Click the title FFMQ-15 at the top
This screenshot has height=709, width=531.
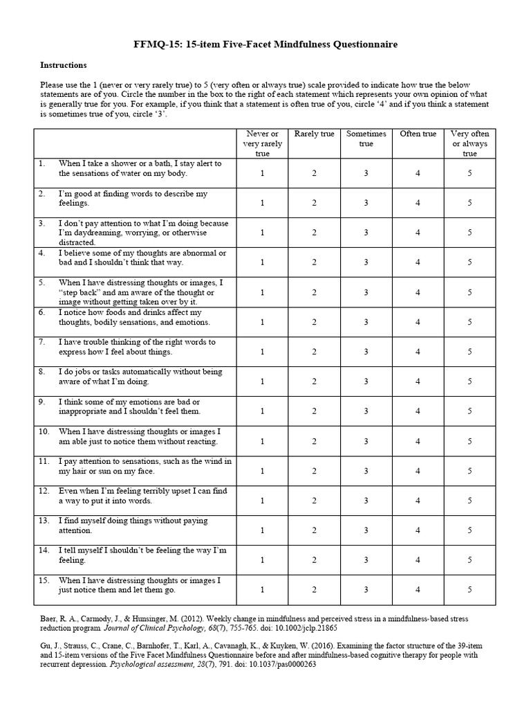click(265, 44)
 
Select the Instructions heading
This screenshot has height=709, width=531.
click(63, 65)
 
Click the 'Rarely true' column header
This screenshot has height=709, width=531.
click(314, 134)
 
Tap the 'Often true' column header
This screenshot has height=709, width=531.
click(418, 134)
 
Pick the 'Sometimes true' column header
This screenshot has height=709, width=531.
click(366, 138)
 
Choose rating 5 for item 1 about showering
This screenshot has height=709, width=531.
click(469, 173)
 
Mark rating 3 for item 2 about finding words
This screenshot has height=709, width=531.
click(366, 203)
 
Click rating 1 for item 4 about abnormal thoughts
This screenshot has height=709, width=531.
click(262, 262)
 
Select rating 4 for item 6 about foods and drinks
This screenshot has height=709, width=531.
click(418, 322)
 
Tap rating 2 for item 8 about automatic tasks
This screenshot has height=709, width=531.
click(314, 382)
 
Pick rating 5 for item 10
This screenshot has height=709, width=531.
click(469, 441)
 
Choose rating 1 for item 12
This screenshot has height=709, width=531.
click(262, 501)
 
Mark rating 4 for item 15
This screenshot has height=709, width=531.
click(418, 590)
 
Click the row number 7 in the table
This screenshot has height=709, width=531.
click(42, 342)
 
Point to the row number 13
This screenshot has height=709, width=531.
click(44, 521)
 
